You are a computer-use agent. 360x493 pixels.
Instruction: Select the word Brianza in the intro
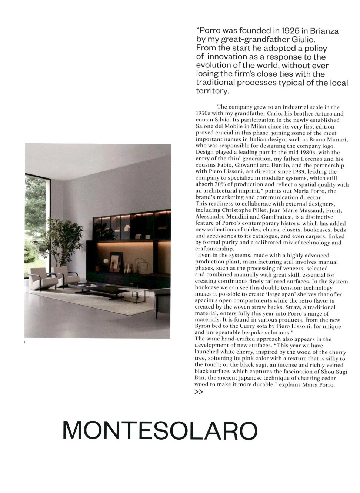click(324, 31)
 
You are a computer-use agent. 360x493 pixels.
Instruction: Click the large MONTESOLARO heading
click(160, 430)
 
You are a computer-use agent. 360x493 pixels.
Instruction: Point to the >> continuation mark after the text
click(199, 392)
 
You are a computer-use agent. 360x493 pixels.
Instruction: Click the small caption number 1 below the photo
click(24, 342)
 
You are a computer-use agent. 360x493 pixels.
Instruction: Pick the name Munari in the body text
click(337, 140)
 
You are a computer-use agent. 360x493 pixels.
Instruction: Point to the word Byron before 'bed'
click(203, 327)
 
